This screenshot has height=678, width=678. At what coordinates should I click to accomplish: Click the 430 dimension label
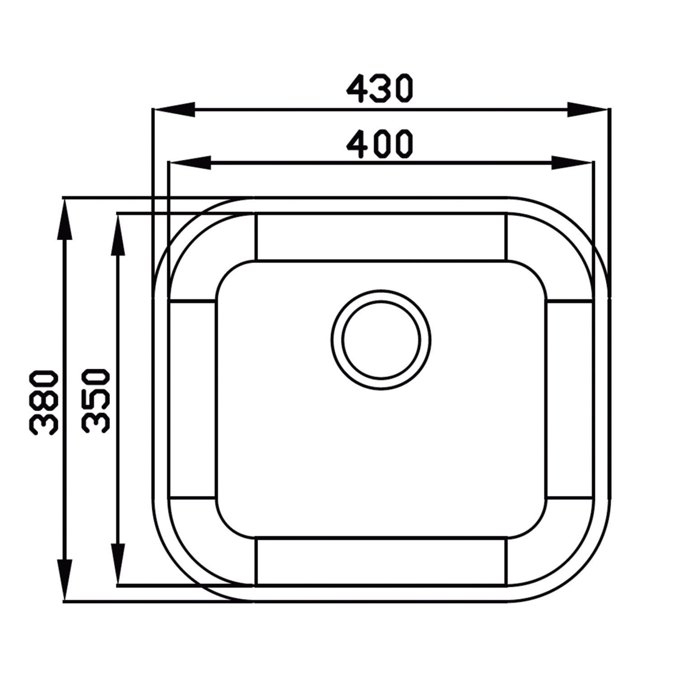[x=379, y=89]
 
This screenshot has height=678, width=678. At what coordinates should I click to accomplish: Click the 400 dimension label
[x=379, y=144]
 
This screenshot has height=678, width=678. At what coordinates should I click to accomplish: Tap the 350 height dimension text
[x=95, y=402]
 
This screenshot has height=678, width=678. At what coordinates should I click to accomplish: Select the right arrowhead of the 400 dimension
[x=572, y=163]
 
